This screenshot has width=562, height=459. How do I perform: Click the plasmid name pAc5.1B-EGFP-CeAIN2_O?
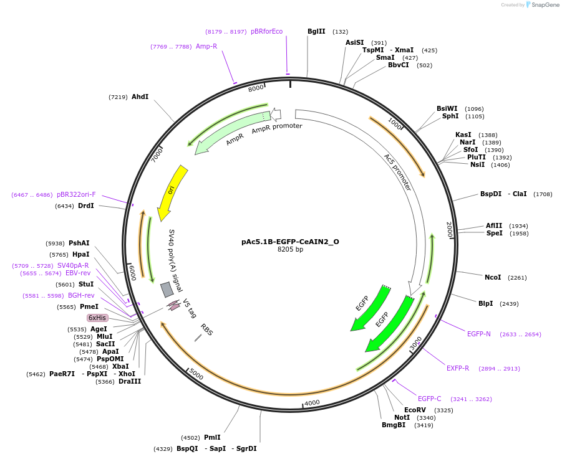(x=290, y=242)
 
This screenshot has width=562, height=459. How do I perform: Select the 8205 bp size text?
(x=290, y=250)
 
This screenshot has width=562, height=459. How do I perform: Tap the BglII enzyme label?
(x=316, y=32)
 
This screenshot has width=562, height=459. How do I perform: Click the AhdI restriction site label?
(x=140, y=97)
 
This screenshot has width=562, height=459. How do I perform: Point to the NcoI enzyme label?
(x=493, y=278)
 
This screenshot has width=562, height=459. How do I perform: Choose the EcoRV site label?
(x=415, y=410)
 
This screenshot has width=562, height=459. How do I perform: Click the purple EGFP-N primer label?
(x=479, y=334)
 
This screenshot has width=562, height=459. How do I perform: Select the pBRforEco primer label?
(x=266, y=32)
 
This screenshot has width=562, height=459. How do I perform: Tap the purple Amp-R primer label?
(x=206, y=47)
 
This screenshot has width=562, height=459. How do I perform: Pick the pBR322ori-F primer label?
(x=76, y=195)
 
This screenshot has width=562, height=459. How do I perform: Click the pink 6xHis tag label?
(x=97, y=318)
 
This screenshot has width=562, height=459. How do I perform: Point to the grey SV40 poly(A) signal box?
(x=167, y=290)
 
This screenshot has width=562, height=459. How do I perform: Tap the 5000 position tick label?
(x=196, y=375)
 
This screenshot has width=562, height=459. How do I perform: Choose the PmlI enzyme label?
(x=212, y=438)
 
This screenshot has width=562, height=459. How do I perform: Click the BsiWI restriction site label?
(x=447, y=109)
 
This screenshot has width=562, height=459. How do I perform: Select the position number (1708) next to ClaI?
(x=543, y=194)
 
